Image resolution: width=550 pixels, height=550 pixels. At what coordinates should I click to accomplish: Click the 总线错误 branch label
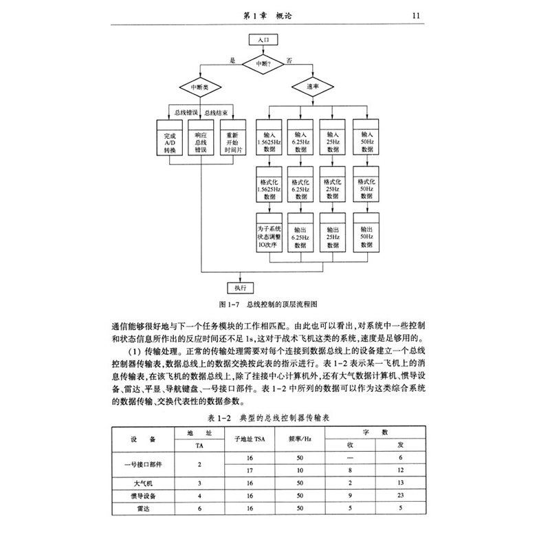tap(186, 112)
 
